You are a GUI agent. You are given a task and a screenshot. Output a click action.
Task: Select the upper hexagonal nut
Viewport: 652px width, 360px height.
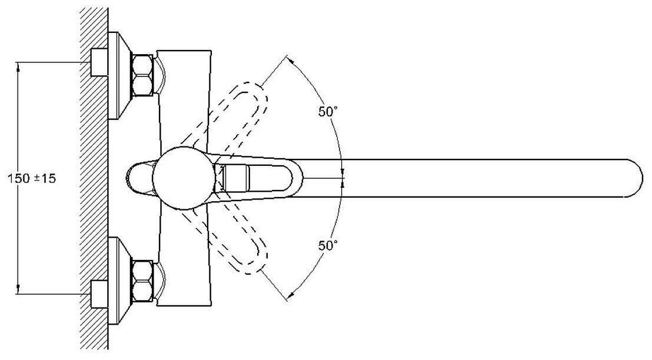(x=143, y=75)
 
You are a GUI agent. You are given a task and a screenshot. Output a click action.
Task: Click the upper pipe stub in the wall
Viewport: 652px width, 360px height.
(x=99, y=62)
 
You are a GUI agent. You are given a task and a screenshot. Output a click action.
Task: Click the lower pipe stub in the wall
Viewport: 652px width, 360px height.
(x=99, y=294)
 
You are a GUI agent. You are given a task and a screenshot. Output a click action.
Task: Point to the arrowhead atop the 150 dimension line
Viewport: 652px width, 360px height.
(x=19, y=67)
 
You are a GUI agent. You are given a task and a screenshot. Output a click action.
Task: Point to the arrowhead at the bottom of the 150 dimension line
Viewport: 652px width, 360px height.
(x=19, y=289)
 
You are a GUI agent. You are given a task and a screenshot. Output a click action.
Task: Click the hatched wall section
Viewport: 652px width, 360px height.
(x=92, y=176)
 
